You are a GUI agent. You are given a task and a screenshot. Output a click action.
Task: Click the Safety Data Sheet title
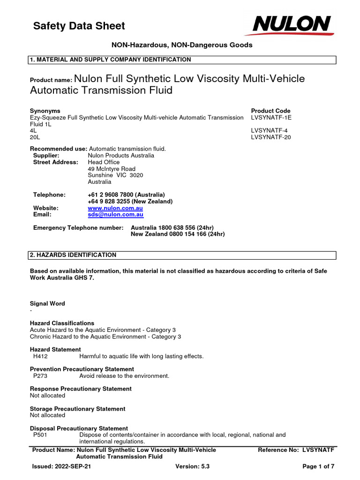(79, 26)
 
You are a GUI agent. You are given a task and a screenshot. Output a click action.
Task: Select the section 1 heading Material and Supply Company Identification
(111, 60)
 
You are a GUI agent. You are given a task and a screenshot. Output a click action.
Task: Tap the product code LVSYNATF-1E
(271, 118)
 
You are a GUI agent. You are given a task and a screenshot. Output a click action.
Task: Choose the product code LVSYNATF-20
(271, 137)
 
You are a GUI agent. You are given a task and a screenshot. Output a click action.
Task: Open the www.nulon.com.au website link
(115, 208)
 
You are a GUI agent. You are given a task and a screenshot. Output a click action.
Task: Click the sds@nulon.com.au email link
(115, 214)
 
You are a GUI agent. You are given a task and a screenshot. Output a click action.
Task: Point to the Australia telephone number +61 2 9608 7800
(126, 195)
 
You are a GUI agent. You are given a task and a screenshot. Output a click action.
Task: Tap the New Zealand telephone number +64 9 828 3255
(130, 201)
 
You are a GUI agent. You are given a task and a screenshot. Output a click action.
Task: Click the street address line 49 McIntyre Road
(112, 169)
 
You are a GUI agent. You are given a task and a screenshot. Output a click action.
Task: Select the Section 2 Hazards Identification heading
(73, 255)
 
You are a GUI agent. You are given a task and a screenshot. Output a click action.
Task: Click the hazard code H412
(40, 356)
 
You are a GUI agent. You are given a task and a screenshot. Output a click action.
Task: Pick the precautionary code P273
(40, 376)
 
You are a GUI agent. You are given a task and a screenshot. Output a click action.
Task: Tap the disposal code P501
(40, 435)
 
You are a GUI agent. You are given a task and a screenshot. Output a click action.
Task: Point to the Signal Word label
(47, 304)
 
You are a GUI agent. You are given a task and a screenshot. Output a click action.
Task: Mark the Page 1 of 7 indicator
(318, 466)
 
